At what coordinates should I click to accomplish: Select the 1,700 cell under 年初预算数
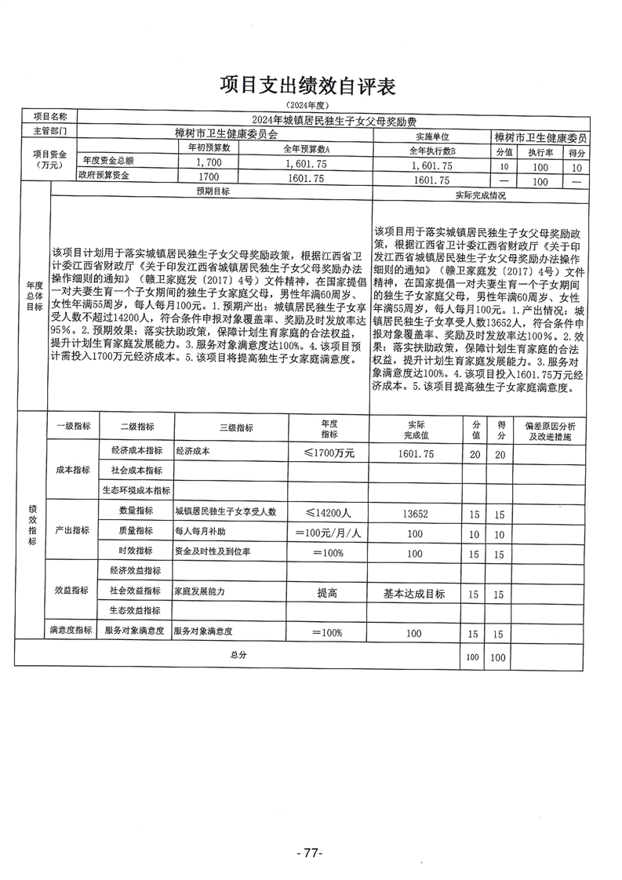pyautogui.click(x=208, y=165)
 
